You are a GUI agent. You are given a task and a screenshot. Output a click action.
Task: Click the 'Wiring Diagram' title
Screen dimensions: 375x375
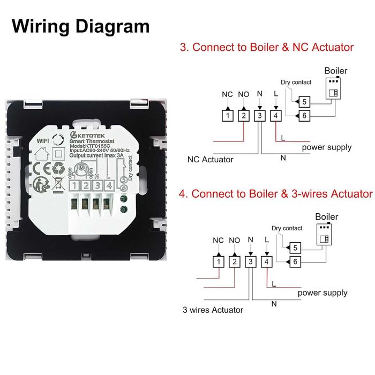click(x=80, y=26)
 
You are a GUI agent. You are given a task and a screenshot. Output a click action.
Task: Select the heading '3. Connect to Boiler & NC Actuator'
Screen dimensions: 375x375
click(x=266, y=47)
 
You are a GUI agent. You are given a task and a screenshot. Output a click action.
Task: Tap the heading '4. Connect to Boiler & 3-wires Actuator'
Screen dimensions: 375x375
click(x=275, y=193)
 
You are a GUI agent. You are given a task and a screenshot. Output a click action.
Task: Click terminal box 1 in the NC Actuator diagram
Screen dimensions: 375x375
click(x=227, y=115)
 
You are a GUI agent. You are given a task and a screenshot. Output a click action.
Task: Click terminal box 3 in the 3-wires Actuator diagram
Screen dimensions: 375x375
click(x=250, y=261)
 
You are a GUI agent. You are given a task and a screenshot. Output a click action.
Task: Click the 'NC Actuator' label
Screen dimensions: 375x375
click(x=210, y=159)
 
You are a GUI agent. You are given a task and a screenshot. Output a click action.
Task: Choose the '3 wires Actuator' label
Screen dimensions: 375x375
click(x=213, y=310)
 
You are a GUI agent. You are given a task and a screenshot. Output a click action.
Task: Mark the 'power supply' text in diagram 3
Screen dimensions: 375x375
click(x=326, y=147)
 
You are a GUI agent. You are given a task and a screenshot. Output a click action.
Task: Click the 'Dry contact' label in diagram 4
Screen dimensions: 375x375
click(x=287, y=228)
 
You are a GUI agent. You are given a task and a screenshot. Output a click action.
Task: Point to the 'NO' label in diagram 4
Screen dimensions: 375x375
click(x=234, y=240)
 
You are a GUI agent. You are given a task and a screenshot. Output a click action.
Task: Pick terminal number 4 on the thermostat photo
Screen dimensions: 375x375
click(x=109, y=186)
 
